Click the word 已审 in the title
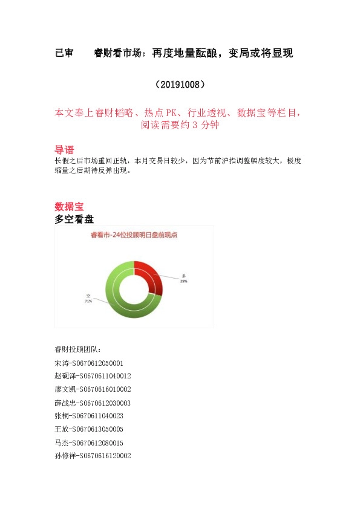(x=64, y=53)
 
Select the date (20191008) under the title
(x=180, y=84)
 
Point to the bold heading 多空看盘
(x=74, y=219)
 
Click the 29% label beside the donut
(x=184, y=281)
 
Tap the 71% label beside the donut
(x=88, y=300)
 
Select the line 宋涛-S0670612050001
(x=88, y=363)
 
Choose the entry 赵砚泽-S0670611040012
(x=92, y=376)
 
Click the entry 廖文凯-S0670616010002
(x=92, y=389)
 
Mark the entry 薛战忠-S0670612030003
(x=92, y=403)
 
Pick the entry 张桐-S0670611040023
(x=88, y=416)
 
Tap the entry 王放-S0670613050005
(x=88, y=429)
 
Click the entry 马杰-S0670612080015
(x=88, y=443)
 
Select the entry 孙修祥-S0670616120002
(x=92, y=456)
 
